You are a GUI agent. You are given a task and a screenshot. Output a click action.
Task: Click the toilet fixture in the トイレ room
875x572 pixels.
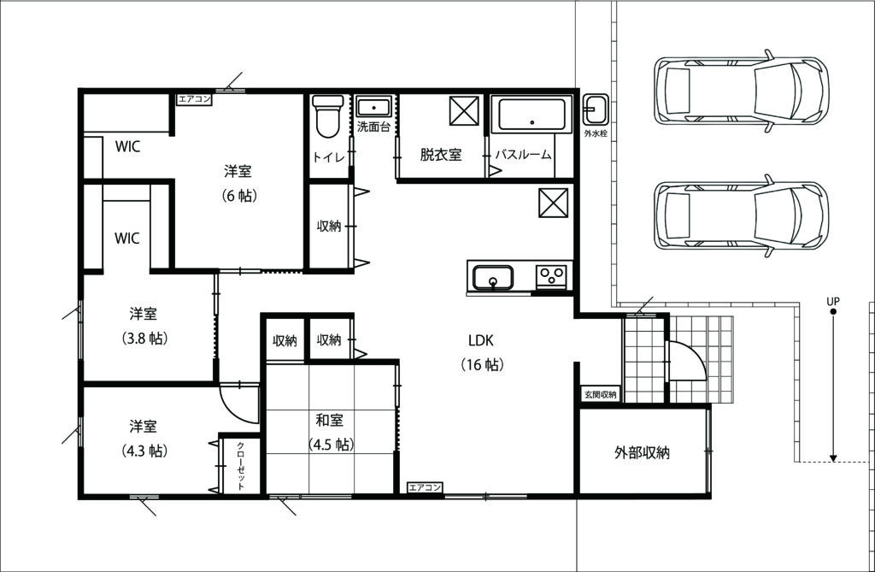pyautogui.click(x=327, y=116)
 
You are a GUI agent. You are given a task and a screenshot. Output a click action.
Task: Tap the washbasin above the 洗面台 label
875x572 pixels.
pyautogui.click(x=373, y=108)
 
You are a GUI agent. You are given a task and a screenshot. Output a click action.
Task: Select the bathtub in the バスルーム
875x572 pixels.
pyautogui.click(x=531, y=115)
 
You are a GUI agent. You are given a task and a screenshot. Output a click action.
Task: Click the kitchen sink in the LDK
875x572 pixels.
pyautogui.click(x=493, y=277)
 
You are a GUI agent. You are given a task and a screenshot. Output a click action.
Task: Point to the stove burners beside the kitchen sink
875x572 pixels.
pyautogui.click(x=551, y=275)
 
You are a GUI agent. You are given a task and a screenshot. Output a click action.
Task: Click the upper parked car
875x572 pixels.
pyautogui.click(x=742, y=91)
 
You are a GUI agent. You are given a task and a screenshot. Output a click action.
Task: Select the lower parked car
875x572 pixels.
pyautogui.click(x=742, y=215)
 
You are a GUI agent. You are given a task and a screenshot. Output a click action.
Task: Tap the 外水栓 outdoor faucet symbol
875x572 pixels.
pyautogui.click(x=596, y=109)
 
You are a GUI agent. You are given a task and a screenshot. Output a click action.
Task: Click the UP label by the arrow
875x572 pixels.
pyautogui.click(x=832, y=301)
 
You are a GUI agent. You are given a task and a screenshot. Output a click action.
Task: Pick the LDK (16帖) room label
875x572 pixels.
pyautogui.click(x=482, y=352)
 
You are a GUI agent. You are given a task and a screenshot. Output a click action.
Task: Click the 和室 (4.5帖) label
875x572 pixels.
pyautogui.click(x=331, y=432)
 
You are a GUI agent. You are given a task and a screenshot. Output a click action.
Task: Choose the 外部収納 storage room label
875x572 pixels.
pyautogui.click(x=642, y=452)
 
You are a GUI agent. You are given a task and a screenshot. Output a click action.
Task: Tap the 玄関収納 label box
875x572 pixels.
pyautogui.click(x=601, y=394)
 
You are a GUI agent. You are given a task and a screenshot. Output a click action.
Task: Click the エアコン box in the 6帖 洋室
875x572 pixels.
pyautogui.click(x=194, y=99)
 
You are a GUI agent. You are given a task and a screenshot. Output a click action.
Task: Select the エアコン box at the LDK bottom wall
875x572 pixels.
pyautogui.click(x=425, y=487)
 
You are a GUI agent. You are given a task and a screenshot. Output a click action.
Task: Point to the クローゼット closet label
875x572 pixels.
pyautogui.click(x=240, y=466)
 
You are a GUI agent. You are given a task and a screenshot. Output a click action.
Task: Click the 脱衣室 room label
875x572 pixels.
pyautogui.click(x=441, y=154)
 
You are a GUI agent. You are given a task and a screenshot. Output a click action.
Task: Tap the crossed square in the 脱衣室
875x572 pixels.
pyautogui.click(x=464, y=110)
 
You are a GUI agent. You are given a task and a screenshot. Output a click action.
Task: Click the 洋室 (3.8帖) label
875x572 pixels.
pyautogui.click(x=144, y=326)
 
